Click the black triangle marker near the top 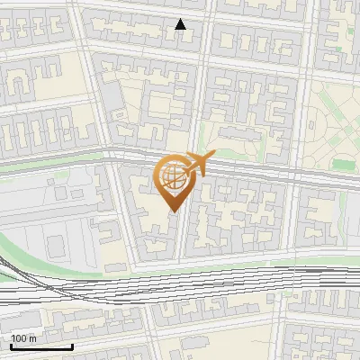[181, 24]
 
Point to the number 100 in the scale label [18, 338]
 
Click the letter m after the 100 [31, 338]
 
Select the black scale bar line [41, 346]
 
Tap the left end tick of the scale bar [11, 345]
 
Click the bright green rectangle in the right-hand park [343, 165]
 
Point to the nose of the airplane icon [213, 156]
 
